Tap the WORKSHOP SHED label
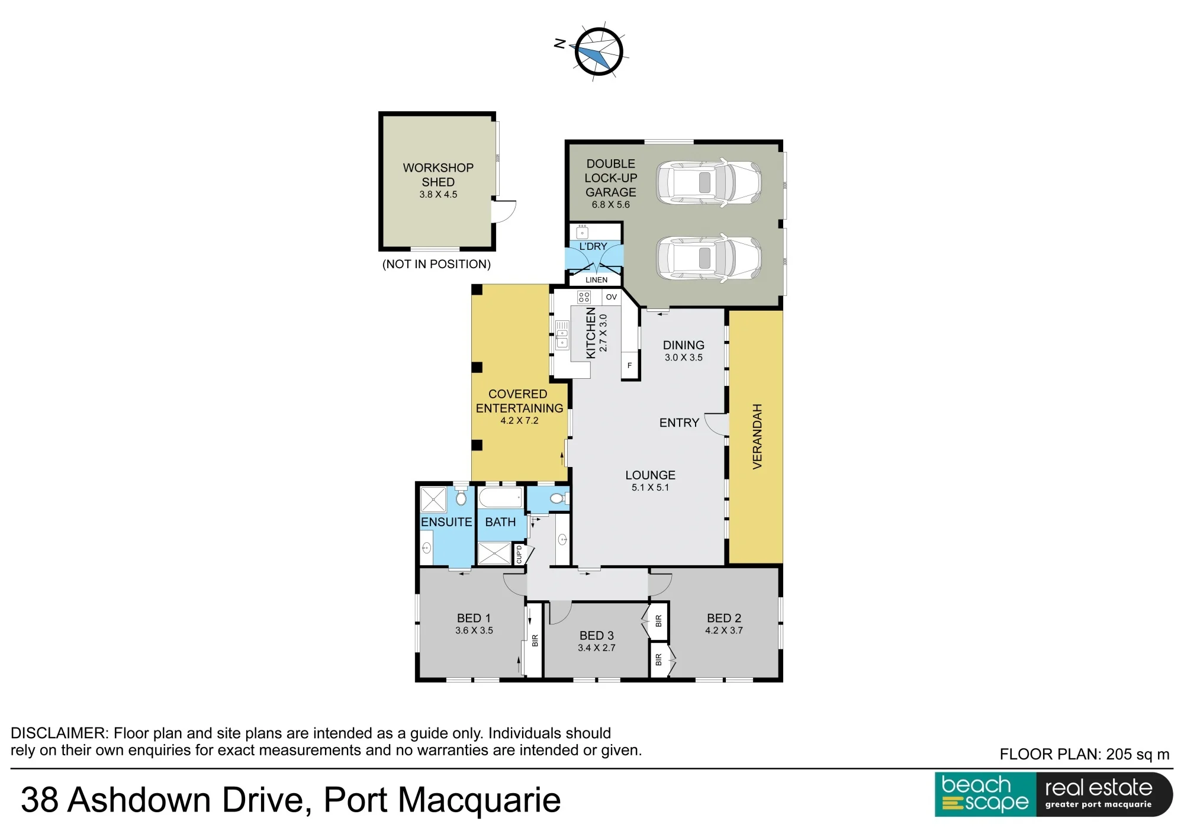coord(438,175)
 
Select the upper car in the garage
coord(709,182)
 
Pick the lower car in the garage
coord(709,258)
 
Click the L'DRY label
coord(593,246)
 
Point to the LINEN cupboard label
coord(596,280)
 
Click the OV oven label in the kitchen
coord(612,297)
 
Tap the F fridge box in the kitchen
coord(629,366)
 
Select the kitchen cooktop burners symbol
coord(584,297)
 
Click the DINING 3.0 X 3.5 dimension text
coord(683,358)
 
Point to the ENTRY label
coord(679,423)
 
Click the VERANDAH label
coord(757,437)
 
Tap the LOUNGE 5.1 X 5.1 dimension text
coord(650,488)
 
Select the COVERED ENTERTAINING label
coord(519,401)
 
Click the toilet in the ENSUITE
coord(461,496)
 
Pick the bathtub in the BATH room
coord(501,498)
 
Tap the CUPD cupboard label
coord(519,555)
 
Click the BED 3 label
coord(596,636)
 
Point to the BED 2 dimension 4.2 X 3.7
coord(723,631)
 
